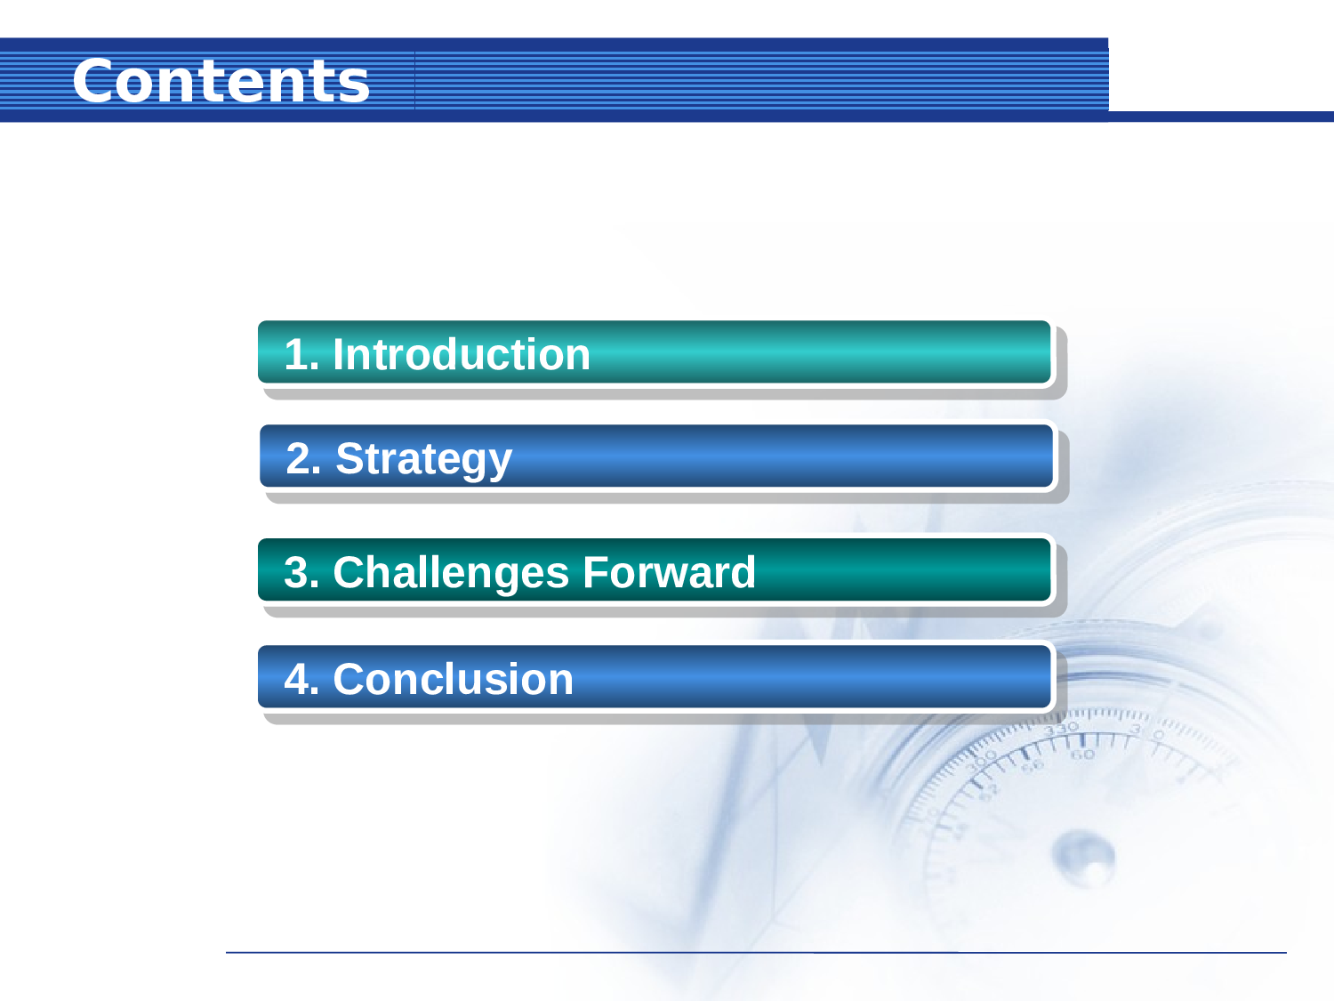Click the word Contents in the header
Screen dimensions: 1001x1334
pos(221,81)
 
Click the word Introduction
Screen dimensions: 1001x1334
pos(461,354)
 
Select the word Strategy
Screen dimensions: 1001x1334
pos(423,459)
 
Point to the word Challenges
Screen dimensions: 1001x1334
pos(450,572)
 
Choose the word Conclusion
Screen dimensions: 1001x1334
pos(453,679)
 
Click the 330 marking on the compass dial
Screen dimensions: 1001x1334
pos(1061,729)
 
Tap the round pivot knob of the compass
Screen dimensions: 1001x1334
pos(1083,857)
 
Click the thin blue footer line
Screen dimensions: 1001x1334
pos(756,952)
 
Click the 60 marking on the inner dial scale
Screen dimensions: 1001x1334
pos(1082,755)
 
